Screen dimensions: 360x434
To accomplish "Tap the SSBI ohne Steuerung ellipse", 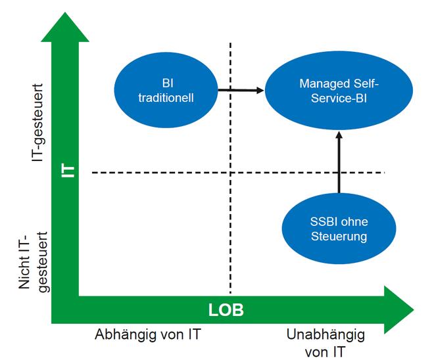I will tap(340, 229).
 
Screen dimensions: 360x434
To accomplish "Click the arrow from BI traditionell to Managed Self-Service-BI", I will tap(241, 91).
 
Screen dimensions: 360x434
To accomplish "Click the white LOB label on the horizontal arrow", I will tap(226, 310).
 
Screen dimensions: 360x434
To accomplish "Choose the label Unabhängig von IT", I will tap(325, 342).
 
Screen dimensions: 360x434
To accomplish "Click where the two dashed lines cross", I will tap(230, 173).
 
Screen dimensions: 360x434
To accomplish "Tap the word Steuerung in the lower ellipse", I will tap(340, 236).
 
